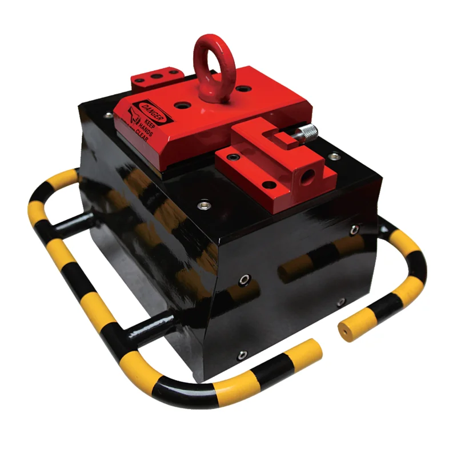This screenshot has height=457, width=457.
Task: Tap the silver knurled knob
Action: click(308, 133)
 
